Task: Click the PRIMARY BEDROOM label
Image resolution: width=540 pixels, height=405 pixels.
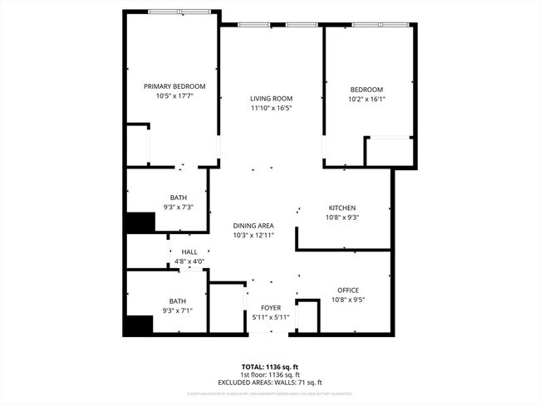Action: [x=174, y=86]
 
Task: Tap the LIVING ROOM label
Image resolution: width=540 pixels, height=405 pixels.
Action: [x=272, y=99]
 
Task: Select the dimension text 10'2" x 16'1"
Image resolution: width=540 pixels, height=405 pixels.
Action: [x=366, y=99]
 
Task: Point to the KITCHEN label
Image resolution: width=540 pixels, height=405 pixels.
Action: [x=342, y=207]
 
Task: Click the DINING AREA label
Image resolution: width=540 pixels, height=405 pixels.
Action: [x=254, y=226]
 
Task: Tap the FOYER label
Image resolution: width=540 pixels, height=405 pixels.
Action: [x=271, y=307]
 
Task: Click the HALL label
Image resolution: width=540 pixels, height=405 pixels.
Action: [x=189, y=252]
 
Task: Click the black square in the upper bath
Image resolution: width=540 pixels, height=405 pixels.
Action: [x=140, y=223]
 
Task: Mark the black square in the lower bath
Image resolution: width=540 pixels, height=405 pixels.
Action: [x=137, y=324]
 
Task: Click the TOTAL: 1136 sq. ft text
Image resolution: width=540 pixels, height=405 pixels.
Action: [x=271, y=366]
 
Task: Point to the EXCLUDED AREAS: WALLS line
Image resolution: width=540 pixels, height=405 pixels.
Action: [x=271, y=383]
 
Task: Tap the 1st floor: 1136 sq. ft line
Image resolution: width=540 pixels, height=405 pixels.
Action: [x=271, y=374]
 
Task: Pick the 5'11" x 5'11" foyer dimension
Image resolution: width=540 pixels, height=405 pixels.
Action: [x=271, y=317]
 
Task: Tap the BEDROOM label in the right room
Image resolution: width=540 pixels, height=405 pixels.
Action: [x=366, y=90]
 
